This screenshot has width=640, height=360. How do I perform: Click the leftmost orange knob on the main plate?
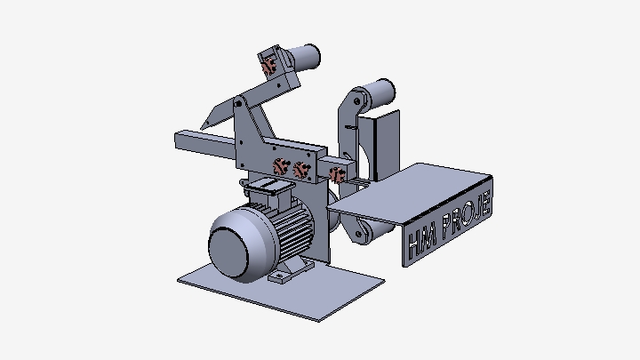coord(279,166)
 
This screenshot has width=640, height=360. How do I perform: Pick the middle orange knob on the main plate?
coord(300,168)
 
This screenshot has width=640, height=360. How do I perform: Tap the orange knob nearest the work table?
coord(337,173)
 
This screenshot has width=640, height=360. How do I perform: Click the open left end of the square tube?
coord(181,141)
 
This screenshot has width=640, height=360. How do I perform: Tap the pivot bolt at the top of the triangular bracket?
coord(239,106)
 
